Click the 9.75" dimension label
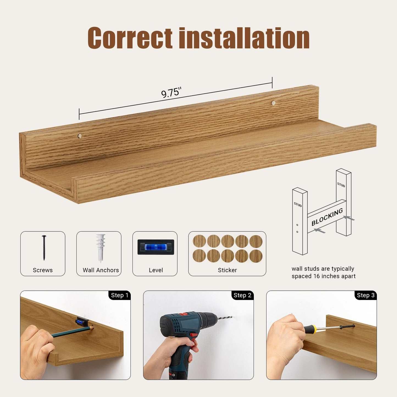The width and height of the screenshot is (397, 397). [171, 92]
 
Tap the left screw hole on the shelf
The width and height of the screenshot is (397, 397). [79, 136]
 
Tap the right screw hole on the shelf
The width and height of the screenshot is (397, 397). [273, 103]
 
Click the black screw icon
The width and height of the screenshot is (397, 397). [44, 248]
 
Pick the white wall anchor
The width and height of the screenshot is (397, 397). [100, 248]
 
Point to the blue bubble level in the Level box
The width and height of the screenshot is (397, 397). [156, 247]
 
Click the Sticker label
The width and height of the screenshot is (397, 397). [227, 270]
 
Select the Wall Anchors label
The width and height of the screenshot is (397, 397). [101, 270]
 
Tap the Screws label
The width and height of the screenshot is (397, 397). [43, 270]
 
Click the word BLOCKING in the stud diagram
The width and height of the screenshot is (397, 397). [327, 217]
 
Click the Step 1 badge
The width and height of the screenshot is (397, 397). [120, 295]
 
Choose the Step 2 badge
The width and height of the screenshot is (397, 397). [242, 295]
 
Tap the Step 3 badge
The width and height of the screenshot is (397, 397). [365, 295]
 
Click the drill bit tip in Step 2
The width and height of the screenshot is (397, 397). [232, 317]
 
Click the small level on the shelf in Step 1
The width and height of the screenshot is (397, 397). [81, 321]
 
